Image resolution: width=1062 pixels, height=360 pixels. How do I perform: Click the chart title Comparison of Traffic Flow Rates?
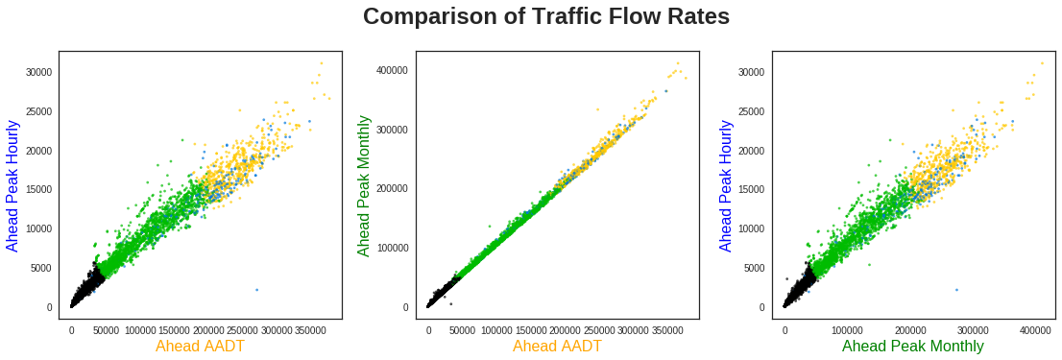546,17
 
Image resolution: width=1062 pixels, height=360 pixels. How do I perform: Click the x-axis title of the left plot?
200,346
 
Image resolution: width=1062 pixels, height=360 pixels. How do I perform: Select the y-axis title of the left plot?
13,185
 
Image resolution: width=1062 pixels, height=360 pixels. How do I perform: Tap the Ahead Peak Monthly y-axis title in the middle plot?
364,185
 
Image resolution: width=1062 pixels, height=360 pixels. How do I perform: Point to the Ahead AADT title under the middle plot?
557,346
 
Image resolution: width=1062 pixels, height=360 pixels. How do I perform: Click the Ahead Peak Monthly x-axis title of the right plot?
913,346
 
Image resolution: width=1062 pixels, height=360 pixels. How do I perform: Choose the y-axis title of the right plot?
727,185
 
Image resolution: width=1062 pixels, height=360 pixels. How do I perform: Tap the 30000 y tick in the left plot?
38,72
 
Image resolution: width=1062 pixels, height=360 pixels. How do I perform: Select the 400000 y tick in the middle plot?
391,70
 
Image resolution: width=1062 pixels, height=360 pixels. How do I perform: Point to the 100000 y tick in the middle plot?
391,248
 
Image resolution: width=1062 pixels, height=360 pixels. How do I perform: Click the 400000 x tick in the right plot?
1035,330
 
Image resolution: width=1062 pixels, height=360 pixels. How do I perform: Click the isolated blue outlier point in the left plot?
257,289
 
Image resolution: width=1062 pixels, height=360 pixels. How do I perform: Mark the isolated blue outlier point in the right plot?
956,289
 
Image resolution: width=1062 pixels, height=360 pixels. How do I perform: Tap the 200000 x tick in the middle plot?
566,330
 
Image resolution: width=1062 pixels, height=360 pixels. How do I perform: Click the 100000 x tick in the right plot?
848,330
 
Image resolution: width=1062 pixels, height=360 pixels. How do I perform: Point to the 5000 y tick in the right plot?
755,268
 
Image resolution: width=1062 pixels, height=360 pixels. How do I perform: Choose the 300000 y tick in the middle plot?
391,130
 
